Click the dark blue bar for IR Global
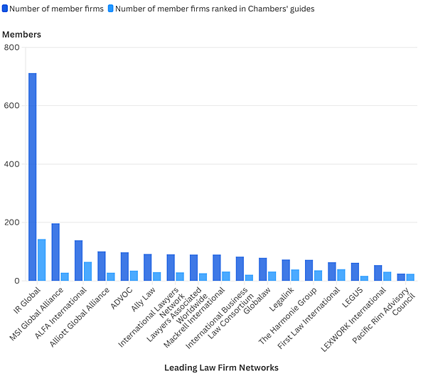tap(32, 177)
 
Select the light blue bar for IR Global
tap(41, 260)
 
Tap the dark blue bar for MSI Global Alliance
tap(55, 252)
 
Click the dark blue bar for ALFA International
tap(78, 261)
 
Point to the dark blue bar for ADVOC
tap(124, 267)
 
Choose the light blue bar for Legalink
tap(295, 275)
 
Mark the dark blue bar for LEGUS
tap(355, 272)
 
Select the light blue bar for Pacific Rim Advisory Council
tap(410, 277)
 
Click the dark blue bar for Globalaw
tap(262, 269)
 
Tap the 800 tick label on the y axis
tap(12, 48)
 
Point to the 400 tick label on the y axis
tap(12, 164)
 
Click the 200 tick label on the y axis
tap(12, 222)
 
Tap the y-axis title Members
tap(21, 34)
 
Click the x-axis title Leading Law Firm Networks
tap(221, 367)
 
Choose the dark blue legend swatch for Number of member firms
tap(6, 9)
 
